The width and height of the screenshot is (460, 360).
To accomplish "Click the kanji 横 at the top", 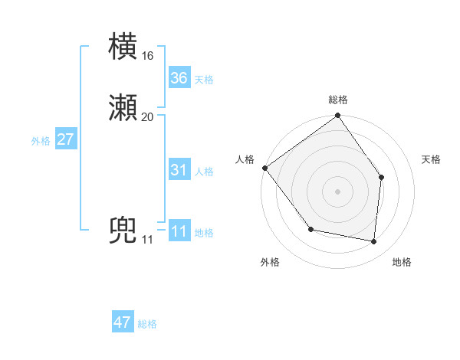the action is point(124,47).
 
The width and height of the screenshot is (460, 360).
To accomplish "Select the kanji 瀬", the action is point(124,107).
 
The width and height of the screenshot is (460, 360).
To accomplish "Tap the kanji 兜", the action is point(124,231).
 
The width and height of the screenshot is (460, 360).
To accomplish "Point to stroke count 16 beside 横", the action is point(147,56).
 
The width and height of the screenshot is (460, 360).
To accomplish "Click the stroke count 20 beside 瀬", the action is point(147,116).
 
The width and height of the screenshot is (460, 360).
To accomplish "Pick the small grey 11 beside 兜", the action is point(147,240).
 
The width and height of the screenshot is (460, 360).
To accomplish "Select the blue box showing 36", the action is point(179,78).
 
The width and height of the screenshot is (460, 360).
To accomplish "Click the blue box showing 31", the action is point(179,170).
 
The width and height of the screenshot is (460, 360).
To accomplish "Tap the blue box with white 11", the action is point(179,231).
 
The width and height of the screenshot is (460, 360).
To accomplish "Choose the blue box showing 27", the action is point(66,139).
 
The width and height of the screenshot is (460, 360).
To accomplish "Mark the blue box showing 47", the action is point(123,322).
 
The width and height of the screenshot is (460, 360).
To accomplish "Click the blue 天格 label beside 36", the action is point(204,80).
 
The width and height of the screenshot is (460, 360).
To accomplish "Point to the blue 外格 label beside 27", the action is point(41,141).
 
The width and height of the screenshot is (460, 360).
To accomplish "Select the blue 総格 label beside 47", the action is point(147,324).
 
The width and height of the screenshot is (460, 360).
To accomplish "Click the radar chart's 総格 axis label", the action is point(338,100).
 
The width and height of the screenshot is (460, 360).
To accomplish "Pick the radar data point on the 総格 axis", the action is point(338,116).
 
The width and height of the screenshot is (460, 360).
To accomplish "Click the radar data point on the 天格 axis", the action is point(382,178).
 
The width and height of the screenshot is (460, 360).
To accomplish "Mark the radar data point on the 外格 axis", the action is point(310,229).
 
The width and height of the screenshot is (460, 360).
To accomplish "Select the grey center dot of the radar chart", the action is point(338,191).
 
